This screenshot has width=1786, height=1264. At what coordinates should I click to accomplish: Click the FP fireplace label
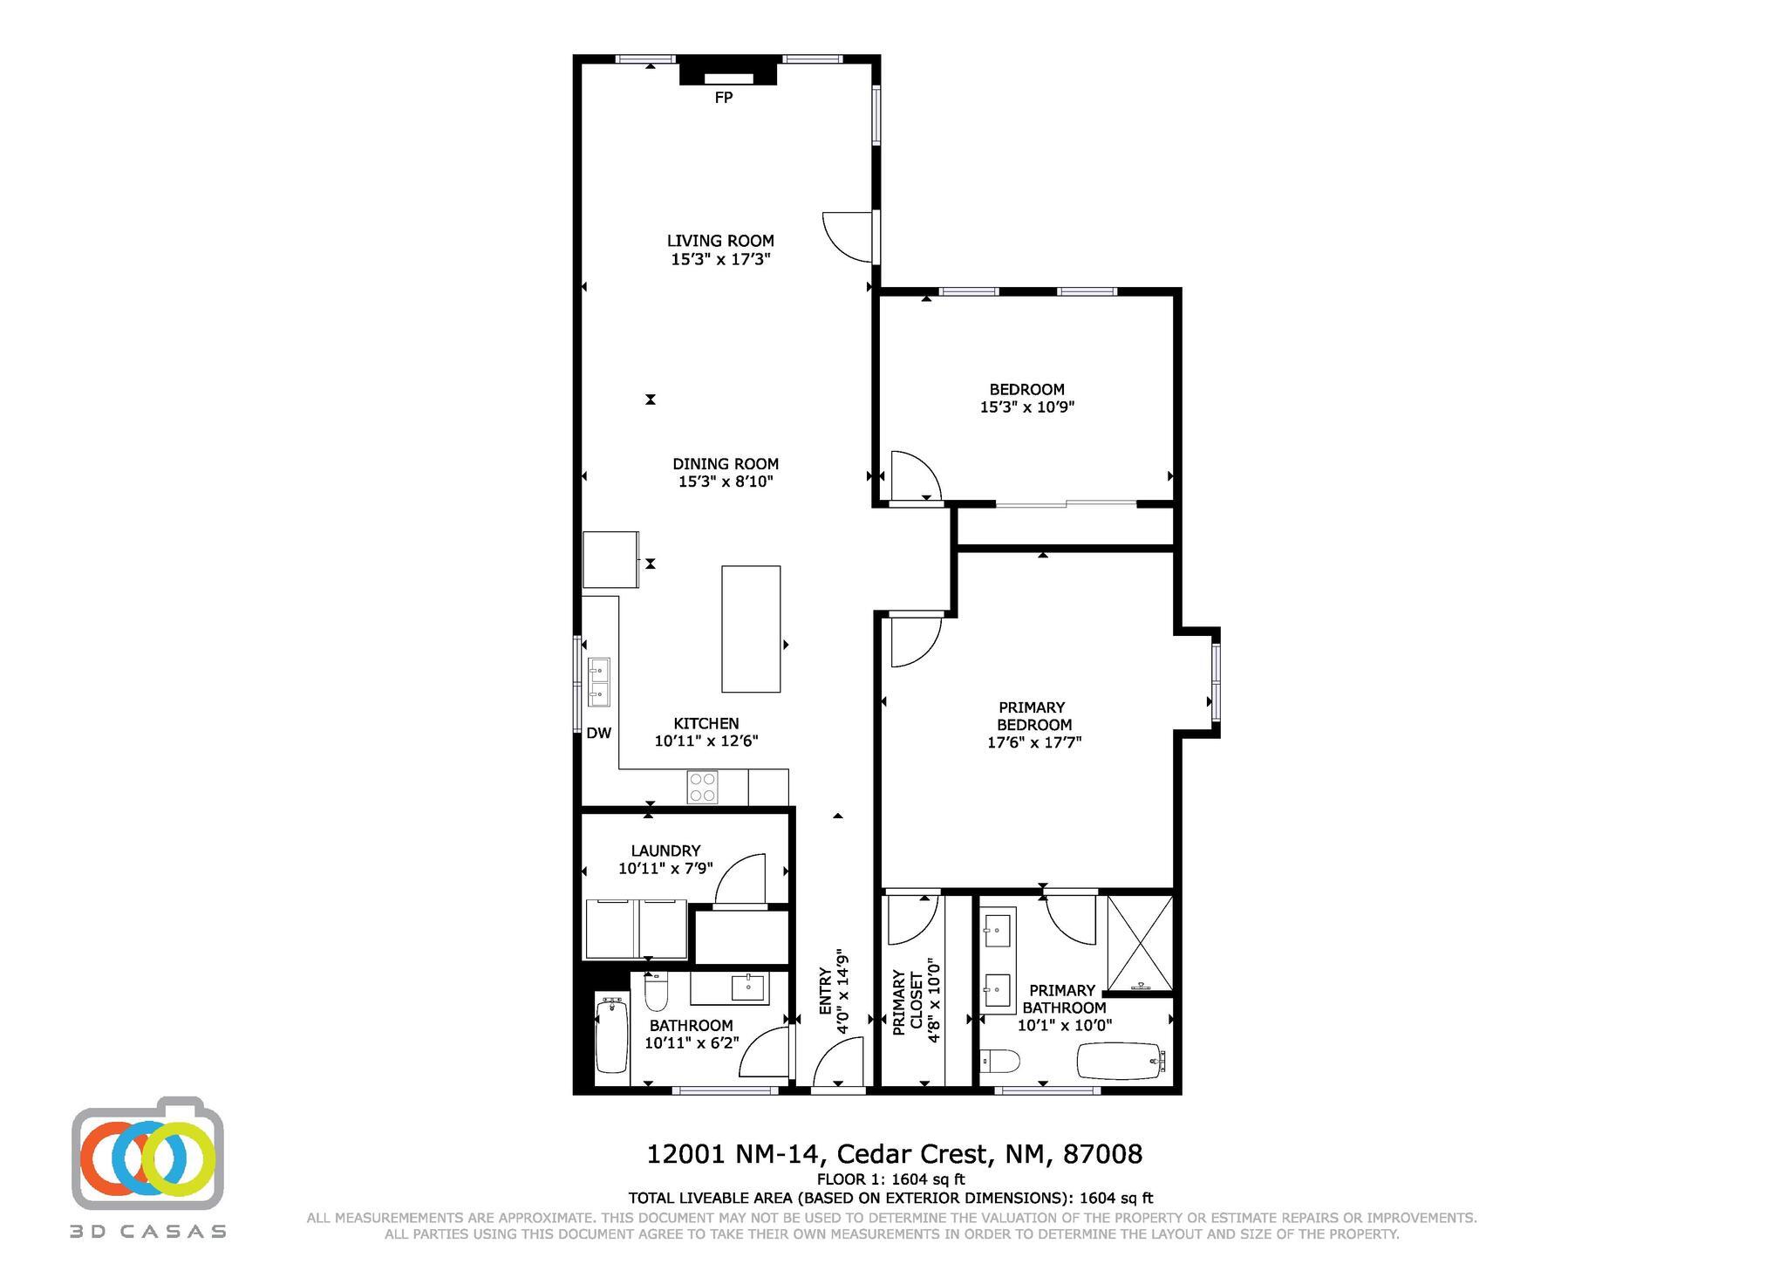click(723, 98)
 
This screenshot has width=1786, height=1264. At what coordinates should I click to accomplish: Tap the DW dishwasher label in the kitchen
click(598, 734)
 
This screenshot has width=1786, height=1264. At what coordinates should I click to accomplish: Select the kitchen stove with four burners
click(703, 787)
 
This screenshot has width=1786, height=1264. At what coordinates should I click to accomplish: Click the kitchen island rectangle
click(751, 629)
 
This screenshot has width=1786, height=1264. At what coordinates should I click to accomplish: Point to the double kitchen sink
click(599, 682)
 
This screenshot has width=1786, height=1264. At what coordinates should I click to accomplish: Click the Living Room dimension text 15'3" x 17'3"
click(720, 259)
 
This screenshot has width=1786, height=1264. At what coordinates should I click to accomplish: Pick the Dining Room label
click(726, 464)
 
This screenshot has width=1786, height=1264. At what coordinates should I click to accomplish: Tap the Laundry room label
click(665, 851)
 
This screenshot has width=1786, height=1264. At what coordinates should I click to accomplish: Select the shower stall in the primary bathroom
click(1140, 943)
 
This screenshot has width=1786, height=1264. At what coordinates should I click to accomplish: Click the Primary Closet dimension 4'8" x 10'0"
click(934, 1001)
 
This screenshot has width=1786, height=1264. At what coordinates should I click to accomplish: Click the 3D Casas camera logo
click(148, 1153)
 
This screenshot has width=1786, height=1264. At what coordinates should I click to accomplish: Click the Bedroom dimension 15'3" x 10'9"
click(1026, 407)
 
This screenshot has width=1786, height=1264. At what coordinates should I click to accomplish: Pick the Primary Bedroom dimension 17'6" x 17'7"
click(1033, 742)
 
